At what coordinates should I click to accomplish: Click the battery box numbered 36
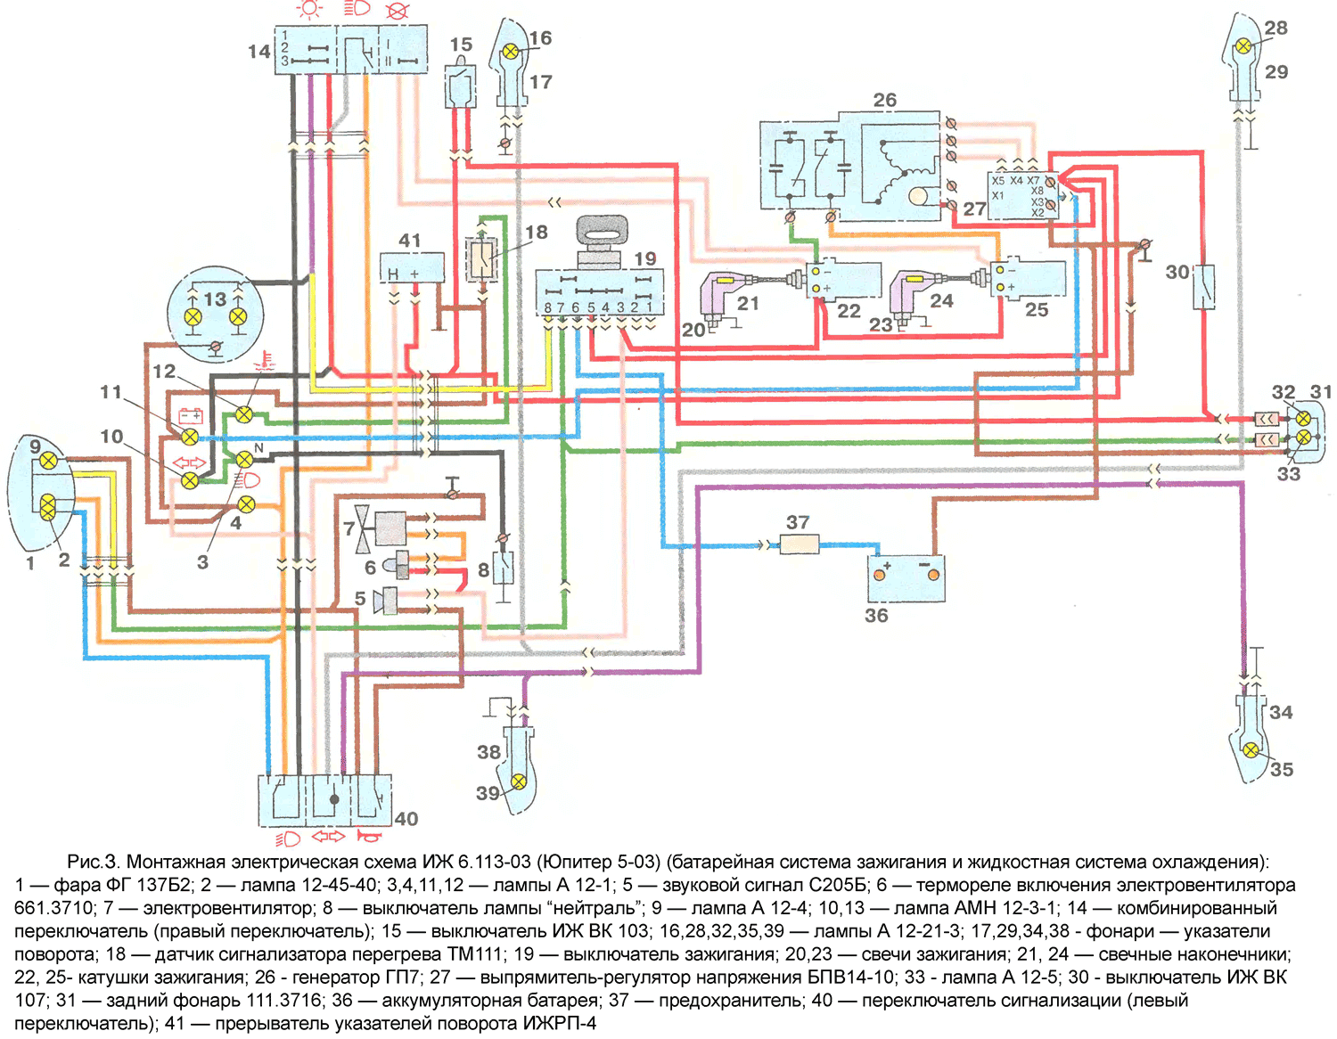906,578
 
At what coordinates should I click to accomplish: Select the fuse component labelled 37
800,544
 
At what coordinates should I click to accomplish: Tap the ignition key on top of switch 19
602,233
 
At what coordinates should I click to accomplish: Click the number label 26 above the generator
885,100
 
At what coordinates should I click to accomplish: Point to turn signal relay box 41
412,266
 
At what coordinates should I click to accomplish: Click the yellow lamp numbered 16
511,52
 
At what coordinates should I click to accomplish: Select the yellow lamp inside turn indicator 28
1243,46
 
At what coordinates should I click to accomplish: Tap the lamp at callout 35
1251,750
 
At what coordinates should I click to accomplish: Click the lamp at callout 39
520,782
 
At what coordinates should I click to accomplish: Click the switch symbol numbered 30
1204,287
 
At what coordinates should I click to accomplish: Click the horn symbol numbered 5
386,600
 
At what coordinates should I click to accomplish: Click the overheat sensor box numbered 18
483,260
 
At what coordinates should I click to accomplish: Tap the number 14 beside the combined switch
259,51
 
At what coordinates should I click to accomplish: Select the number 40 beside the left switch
406,819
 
